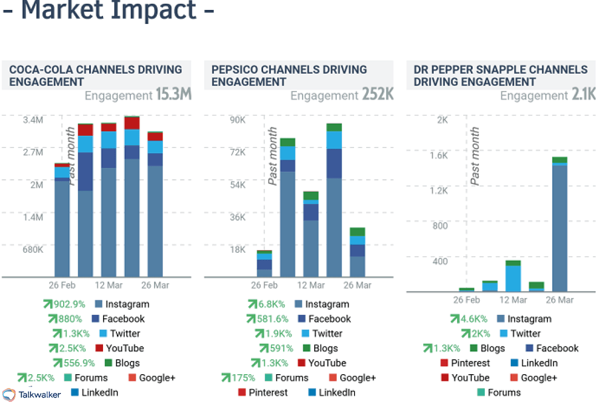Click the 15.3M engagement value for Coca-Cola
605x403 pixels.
[x=173, y=95]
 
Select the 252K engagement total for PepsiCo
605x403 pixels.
[x=378, y=95]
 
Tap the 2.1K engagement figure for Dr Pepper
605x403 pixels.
[x=583, y=95]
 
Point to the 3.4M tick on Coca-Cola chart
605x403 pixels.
[x=33, y=119]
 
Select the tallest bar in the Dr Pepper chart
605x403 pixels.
[x=560, y=227]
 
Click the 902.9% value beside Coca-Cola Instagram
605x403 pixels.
[x=68, y=304]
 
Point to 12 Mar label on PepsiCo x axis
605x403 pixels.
[x=311, y=285]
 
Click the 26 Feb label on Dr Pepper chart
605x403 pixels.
[x=466, y=300]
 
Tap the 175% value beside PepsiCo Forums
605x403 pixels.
[x=243, y=378]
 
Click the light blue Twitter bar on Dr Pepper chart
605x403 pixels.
[x=513, y=278]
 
